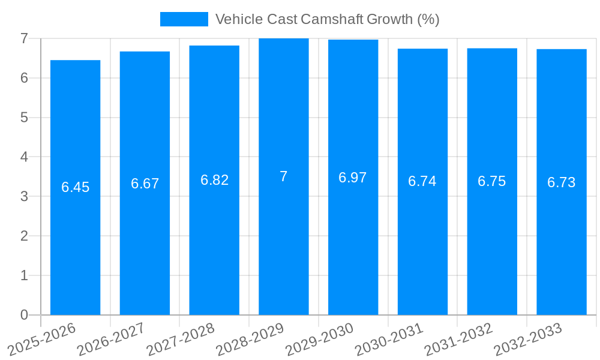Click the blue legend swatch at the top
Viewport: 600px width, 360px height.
tap(184, 19)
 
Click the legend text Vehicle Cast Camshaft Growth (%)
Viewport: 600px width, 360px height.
tap(327, 19)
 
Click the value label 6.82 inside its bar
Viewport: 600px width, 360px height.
tap(214, 180)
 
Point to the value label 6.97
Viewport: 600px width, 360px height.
tap(353, 178)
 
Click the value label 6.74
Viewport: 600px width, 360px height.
tap(422, 181)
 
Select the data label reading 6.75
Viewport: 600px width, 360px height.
tap(492, 181)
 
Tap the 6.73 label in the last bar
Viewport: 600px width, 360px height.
tap(562, 182)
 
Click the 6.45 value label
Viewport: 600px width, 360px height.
tap(75, 187)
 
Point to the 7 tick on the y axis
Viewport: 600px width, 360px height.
tap(24, 38)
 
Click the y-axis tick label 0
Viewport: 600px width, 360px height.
tap(24, 315)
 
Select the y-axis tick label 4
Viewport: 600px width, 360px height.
tap(24, 157)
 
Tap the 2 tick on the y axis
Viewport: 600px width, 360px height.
tap(24, 236)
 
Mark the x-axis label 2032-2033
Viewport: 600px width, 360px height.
tap(529, 338)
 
